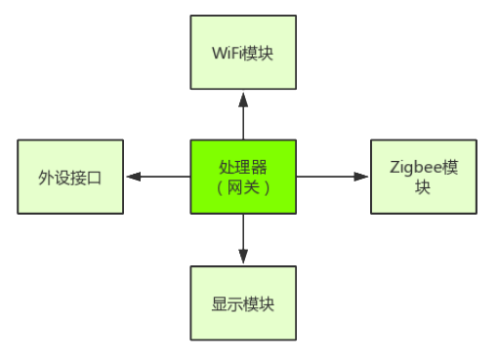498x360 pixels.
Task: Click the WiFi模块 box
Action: (x=242, y=52)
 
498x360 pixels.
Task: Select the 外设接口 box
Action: (x=70, y=177)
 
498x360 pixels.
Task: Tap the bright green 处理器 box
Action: (x=242, y=177)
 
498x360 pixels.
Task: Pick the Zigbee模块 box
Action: (x=423, y=177)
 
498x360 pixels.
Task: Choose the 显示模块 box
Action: (x=242, y=302)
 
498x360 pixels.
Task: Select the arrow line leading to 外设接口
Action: (x=161, y=177)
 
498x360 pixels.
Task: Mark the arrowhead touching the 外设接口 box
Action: (x=133, y=177)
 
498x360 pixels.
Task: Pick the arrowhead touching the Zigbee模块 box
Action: (x=361, y=177)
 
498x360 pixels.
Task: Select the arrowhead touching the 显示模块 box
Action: (x=242, y=258)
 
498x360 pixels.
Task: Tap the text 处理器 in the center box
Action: (x=242, y=167)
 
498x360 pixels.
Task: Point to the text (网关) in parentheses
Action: (x=242, y=186)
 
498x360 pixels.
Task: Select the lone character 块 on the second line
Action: (x=422, y=186)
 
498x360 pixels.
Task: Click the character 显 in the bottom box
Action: (x=219, y=303)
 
